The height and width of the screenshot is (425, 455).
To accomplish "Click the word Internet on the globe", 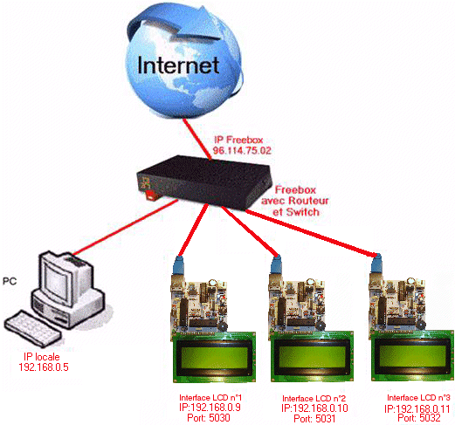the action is pyautogui.click(x=178, y=65).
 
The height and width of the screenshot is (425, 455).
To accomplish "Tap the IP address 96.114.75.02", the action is pyautogui.click(x=242, y=150).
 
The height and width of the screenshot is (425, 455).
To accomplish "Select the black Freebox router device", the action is pyautogui.click(x=204, y=182).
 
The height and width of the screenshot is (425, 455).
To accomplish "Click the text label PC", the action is pyautogui.click(x=10, y=281).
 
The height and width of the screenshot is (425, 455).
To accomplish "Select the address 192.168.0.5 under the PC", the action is pyautogui.click(x=44, y=367).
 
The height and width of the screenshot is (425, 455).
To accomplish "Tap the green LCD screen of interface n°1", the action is pyautogui.click(x=215, y=358).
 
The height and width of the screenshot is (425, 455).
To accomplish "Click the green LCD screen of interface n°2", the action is pyautogui.click(x=313, y=357).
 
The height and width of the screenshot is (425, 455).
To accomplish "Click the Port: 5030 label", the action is pyautogui.click(x=209, y=418).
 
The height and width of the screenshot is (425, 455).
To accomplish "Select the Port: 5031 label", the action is pyautogui.click(x=314, y=419).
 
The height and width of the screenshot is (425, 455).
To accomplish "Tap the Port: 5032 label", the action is pyautogui.click(x=419, y=418).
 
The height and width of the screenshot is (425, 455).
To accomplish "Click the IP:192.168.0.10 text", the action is pyautogui.click(x=314, y=408).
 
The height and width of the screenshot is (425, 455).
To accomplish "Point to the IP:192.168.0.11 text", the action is pyautogui.click(x=417, y=408).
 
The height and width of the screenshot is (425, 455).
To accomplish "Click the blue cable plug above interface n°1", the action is pyautogui.click(x=178, y=265).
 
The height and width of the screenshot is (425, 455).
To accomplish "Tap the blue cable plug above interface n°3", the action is pyautogui.click(x=376, y=264).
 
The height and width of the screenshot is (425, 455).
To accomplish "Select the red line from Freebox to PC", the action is pyautogui.click(x=125, y=227).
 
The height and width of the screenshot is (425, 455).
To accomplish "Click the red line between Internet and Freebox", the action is pyautogui.click(x=196, y=139).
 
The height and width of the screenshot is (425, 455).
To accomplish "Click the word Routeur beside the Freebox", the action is pyautogui.click(x=308, y=201).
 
